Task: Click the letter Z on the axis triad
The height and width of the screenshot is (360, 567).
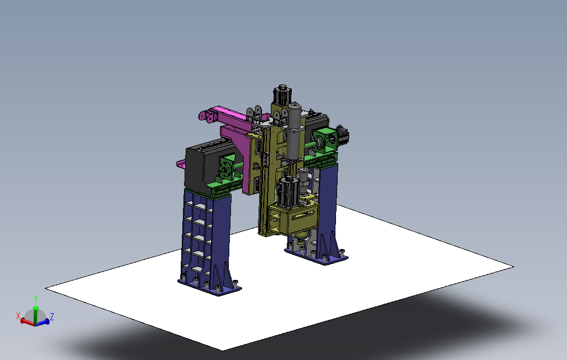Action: click(x=52, y=316)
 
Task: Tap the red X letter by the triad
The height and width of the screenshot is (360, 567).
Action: click(x=18, y=316)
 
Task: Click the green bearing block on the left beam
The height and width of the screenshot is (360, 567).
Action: click(x=228, y=167)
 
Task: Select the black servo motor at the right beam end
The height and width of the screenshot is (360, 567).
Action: click(x=343, y=135)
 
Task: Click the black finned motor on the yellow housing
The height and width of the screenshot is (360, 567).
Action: click(x=288, y=192)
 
